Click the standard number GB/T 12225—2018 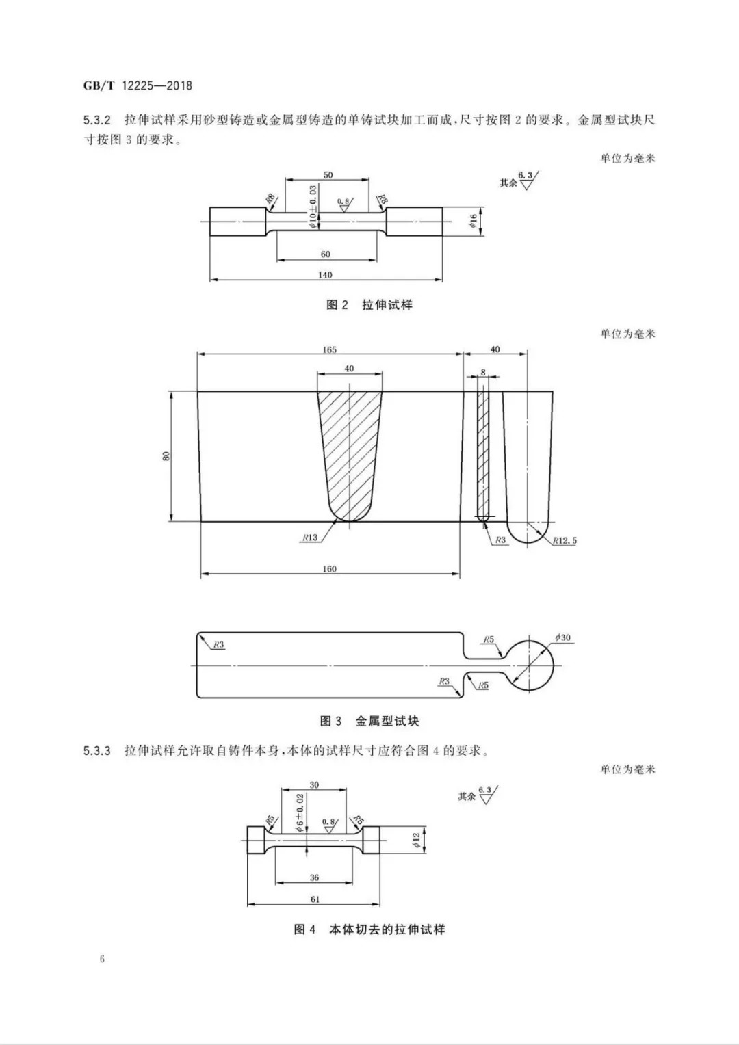137,86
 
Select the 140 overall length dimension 325,275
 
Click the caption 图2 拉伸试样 369,305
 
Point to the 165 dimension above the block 329,349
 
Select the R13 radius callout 309,538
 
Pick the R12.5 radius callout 565,540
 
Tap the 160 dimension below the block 329,568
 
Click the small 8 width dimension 483,372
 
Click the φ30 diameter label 562,638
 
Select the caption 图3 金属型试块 369,721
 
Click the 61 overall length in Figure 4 314,899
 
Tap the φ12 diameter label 415,839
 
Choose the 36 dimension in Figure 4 314,878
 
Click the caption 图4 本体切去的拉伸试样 369,929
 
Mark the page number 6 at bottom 102,959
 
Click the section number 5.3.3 97,751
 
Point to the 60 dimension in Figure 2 325,254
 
